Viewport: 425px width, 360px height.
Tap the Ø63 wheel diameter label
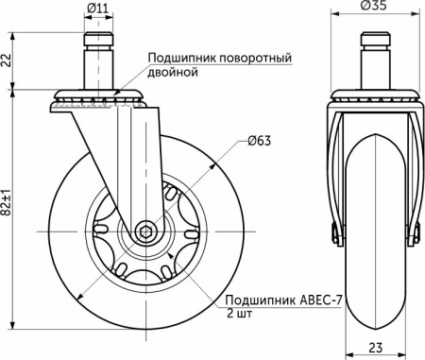(x=260, y=142)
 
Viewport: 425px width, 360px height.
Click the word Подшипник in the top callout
(x=178, y=59)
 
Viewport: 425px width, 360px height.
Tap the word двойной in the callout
(x=171, y=72)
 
